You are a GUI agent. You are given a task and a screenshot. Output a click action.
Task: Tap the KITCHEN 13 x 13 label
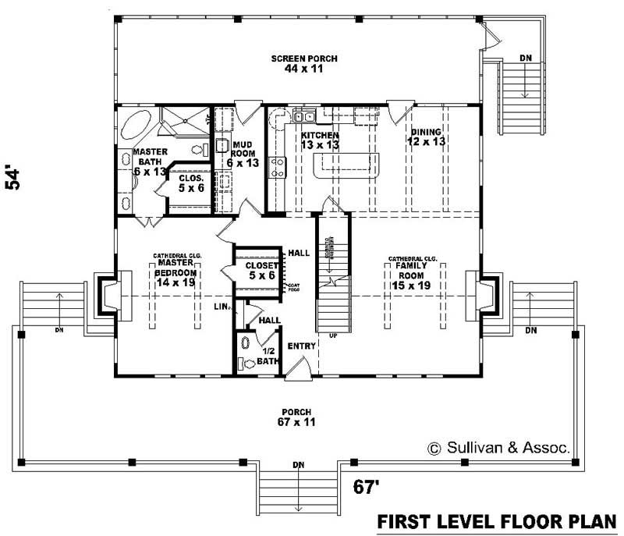[320, 140]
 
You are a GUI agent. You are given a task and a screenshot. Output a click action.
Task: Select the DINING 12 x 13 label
[427, 137]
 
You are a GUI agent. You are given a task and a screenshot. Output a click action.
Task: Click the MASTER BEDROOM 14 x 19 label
[176, 272]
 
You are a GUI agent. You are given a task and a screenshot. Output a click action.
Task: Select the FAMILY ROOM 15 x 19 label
[413, 275]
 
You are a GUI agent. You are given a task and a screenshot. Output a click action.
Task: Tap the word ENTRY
[300, 346]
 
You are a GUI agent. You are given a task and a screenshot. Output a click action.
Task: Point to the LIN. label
[221, 307]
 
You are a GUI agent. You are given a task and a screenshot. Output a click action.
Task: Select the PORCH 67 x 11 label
[297, 417]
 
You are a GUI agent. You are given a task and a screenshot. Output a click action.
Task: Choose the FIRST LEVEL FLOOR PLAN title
[498, 520]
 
